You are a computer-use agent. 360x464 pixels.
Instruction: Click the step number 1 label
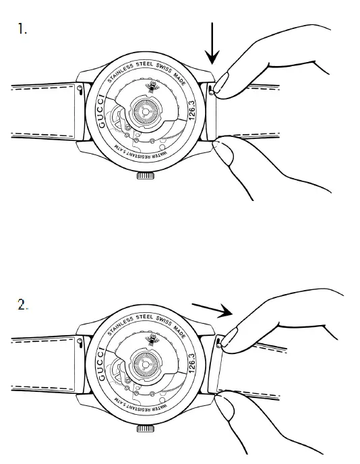coord(22,29)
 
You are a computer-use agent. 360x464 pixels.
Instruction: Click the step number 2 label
coord(22,304)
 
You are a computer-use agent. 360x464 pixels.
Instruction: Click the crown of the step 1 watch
coord(145,175)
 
